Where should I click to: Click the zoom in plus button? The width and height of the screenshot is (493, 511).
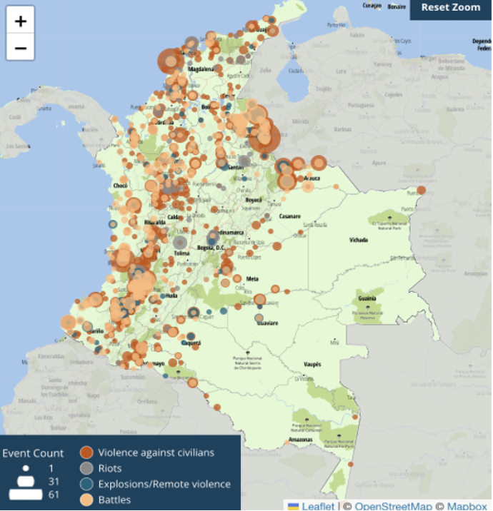tap(21, 21)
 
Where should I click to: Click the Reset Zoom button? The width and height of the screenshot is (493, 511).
tap(450, 8)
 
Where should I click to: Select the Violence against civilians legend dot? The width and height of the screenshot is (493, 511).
tap(86, 452)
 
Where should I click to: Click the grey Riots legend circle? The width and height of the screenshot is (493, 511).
tap(86, 468)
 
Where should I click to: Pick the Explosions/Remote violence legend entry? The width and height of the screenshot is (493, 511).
tap(164, 484)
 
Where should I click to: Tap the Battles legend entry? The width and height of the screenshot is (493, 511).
tap(114, 500)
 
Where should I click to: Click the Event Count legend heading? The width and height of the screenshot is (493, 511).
tap(33, 453)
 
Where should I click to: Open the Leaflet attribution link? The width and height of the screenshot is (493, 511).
tap(317, 506)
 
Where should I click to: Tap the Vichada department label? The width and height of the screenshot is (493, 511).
tap(359, 241)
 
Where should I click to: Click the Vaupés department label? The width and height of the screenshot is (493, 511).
tap(313, 364)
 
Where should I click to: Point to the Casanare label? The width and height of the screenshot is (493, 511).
tap(289, 216)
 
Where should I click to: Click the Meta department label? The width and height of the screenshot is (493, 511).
tap(252, 279)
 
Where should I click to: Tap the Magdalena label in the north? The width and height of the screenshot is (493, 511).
tap(201, 69)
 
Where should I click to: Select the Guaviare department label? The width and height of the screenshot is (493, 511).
tap(267, 323)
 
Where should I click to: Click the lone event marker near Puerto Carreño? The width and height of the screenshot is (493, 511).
tap(422, 190)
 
